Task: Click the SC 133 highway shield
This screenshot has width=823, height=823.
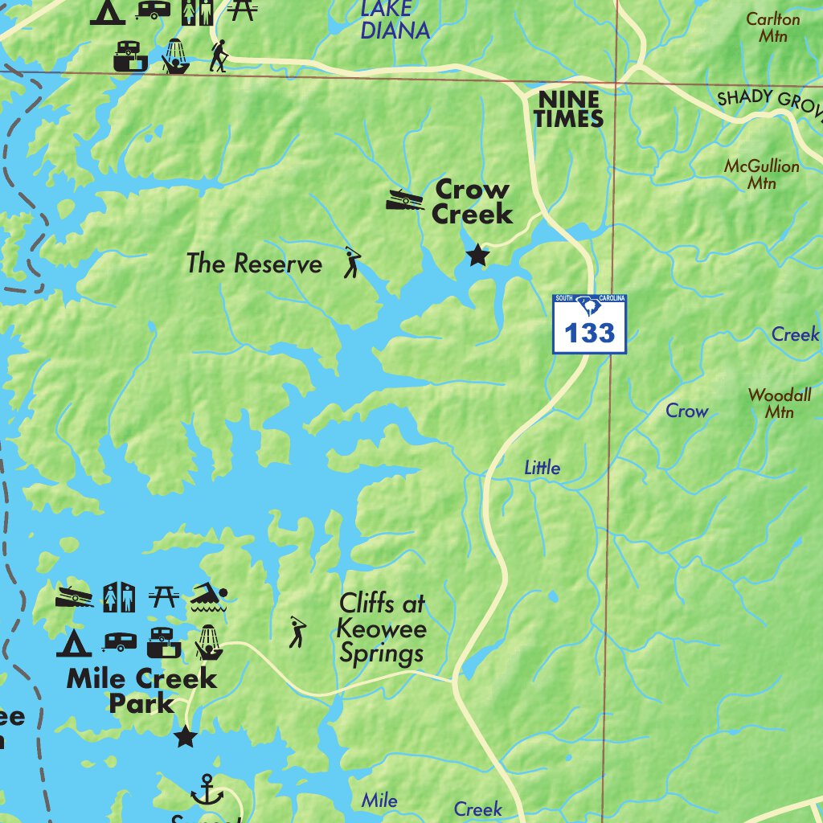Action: [589, 324]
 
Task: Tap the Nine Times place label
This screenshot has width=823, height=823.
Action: [569, 109]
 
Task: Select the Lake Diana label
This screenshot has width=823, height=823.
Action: [394, 20]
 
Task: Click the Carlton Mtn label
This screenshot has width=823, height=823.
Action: [772, 27]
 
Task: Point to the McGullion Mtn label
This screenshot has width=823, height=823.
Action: [761, 174]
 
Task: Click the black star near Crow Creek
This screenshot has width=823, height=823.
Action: [478, 256]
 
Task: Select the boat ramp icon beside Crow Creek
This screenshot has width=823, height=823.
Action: [404, 199]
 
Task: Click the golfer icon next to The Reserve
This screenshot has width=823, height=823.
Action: [352, 262]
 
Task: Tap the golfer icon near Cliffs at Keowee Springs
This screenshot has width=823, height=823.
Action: [297, 633]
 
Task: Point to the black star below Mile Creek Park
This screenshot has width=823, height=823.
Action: [186, 735]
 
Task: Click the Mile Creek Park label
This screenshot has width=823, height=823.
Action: [141, 690]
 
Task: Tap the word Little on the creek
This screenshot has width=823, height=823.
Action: [543, 468]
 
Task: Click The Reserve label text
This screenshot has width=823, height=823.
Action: [254, 264]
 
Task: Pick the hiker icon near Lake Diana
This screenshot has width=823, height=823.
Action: [219, 56]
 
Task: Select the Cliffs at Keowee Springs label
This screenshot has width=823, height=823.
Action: [382, 628]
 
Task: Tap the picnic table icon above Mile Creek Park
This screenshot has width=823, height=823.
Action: [163, 597]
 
